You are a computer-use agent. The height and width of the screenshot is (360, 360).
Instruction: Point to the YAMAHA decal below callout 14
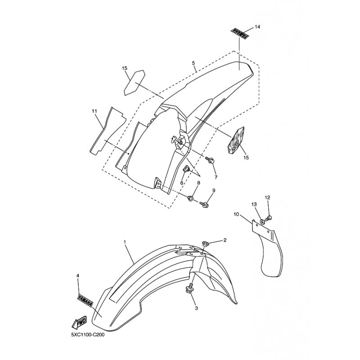238,34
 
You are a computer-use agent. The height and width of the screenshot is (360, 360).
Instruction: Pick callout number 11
94,111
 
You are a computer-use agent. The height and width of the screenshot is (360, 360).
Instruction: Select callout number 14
257,27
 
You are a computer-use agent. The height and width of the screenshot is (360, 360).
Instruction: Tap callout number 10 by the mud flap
236,215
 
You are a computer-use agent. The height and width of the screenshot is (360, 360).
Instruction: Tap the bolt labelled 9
206,205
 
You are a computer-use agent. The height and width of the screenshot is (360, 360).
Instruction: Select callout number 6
182,183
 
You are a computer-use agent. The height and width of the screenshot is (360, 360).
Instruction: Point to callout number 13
254,205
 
